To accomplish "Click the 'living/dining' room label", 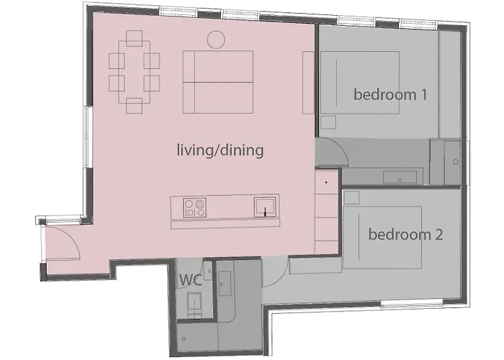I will click(x=220, y=150).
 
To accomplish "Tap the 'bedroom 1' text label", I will click(x=386, y=94).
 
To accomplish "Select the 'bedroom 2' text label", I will click(x=405, y=234).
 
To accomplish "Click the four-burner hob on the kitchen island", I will click(x=193, y=208).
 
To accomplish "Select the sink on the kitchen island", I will click(x=264, y=207).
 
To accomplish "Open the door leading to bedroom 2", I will click(x=277, y=265).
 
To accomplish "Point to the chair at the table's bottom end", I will click(x=134, y=106).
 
